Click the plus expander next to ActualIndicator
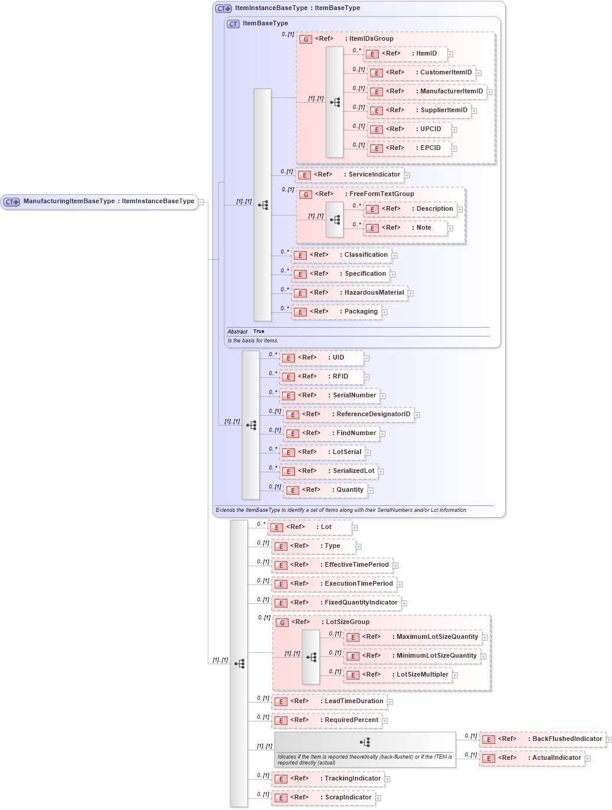pyautogui.click(x=588, y=759)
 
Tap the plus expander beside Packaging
pyautogui.click(x=384, y=312)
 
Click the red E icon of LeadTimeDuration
pyautogui.click(x=280, y=702)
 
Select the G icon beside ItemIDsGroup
pyautogui.click(x=306, y=40)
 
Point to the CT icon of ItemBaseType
pyautogui.click(x=234, y=24)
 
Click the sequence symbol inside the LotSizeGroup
pyautogui.click(x=311, y=657)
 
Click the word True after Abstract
pyautogui.click(x=258, y=332)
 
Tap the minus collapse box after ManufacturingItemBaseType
pyautogui.click(x=201, y=202)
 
